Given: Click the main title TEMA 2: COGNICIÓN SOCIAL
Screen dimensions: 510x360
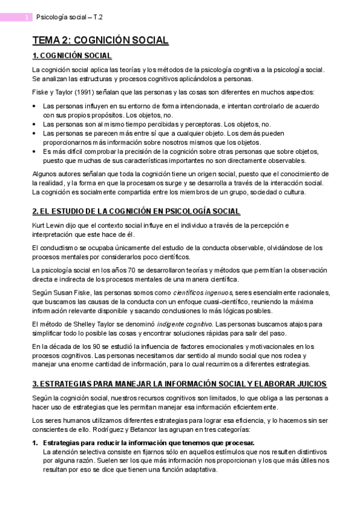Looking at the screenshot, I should [100, 40].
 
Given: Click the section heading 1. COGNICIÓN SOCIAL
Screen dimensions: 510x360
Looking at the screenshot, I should [72, 56].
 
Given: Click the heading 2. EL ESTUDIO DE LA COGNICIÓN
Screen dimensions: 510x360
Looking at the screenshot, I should [136, 211].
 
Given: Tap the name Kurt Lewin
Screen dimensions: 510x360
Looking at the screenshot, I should [49, 226].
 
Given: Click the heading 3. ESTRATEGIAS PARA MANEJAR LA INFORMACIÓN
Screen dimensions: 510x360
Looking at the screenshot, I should [179, 383].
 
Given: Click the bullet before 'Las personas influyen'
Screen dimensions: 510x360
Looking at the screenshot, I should [34, 106].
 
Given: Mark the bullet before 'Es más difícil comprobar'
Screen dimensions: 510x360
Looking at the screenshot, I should [34, 152].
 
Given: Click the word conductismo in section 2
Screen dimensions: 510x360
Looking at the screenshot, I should [59, 247].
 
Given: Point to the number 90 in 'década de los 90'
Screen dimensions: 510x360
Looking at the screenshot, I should [86, 346].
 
